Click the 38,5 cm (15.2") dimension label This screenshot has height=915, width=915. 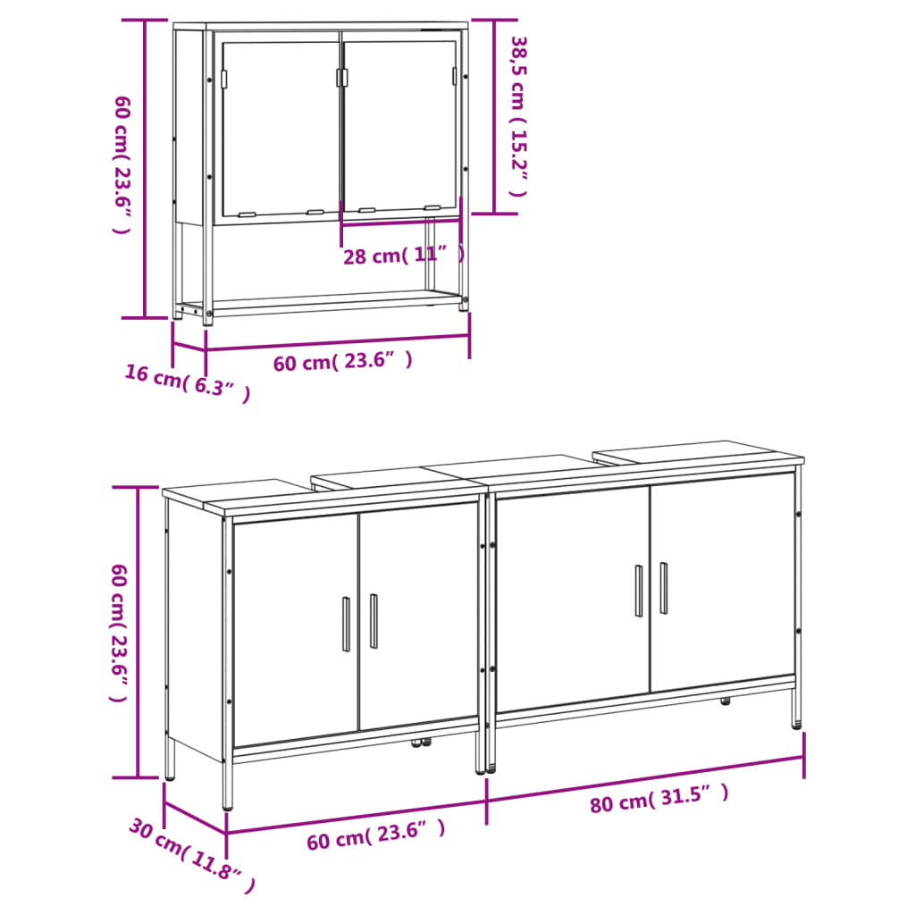[x=518, y=117]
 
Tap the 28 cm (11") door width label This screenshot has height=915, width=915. [x=404, y=256]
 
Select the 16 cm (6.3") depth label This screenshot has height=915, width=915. [x=187, y=383]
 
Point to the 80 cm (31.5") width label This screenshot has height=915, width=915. [x=659, y=798]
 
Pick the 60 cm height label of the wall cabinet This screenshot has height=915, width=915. [x=122, y=164]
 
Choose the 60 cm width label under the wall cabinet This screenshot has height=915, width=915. [x=343, y=363]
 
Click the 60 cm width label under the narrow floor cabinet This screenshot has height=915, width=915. [x=376, y=837]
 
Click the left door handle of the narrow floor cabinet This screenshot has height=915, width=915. [x=346, y=624]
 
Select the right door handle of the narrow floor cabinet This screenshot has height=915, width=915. [x=374, y=620]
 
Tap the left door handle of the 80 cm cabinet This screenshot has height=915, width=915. [x=638, y=591]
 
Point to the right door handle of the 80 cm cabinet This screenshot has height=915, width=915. [x=663, y=587]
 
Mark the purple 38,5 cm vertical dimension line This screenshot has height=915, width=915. [x=494, y=117]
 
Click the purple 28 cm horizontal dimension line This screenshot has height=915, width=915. [x=401, y=223]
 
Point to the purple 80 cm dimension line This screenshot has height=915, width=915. [x=645, y=778]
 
